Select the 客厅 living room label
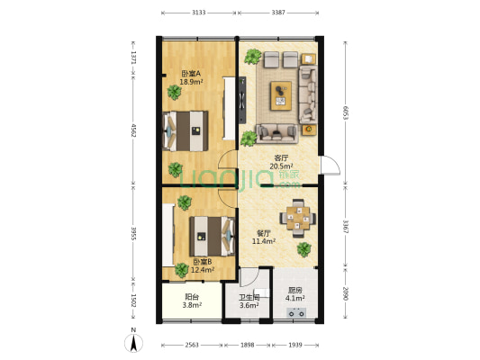(x=282, y=157)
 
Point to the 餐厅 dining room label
(x=264, y=233)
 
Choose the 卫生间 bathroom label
(x=249, y=299)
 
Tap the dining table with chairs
(x=295, y=218)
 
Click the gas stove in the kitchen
(x=295, y=313)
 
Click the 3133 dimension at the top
(x=199, y=13)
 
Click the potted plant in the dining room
(x=304, y=249)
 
